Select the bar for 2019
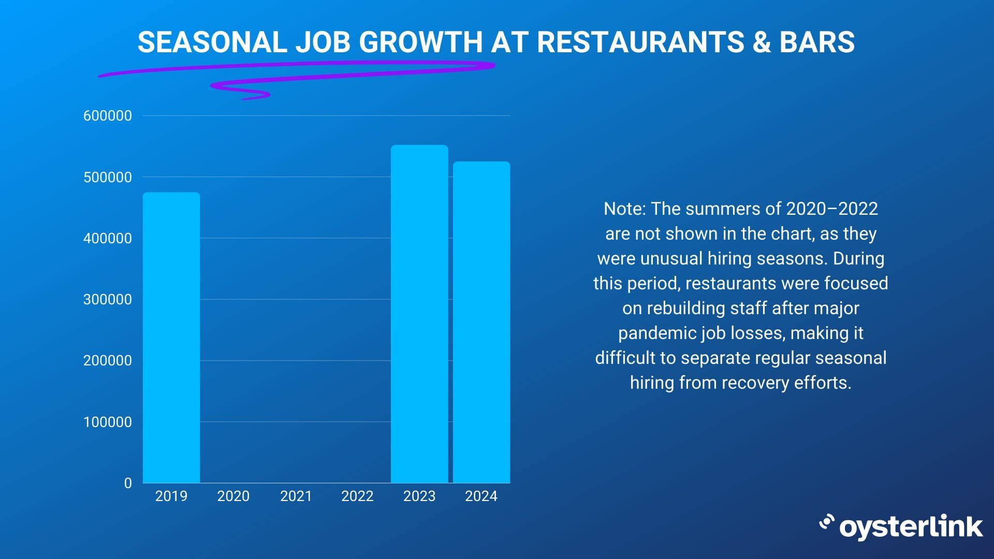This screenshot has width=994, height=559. [x=171, y=337]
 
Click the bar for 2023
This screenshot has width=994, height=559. [x=419, y=314]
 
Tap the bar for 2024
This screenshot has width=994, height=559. [x=481, y=322]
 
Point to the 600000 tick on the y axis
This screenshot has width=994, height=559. [x=108, y=116]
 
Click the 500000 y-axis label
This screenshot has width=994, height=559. [x=108, y=178]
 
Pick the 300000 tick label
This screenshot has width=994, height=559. [x=108, y=300]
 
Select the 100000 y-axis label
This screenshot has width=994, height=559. [x=108, y=422]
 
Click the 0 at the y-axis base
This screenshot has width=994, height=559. [x=128, y=483]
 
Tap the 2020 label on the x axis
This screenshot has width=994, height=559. [x=233, y=496]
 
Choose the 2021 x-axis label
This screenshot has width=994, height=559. [x=296, y=496]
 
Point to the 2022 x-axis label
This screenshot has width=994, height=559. [x=357, y=496]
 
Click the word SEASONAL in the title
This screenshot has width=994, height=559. [x=212, y=42]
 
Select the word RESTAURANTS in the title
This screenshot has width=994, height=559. [x=640, y=42]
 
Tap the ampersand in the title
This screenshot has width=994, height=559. [x=762, y=42]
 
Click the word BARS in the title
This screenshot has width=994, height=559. [x=817, y=42]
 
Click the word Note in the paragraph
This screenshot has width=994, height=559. [x=623, y=209]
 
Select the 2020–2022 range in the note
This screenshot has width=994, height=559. [x=832, y=209]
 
